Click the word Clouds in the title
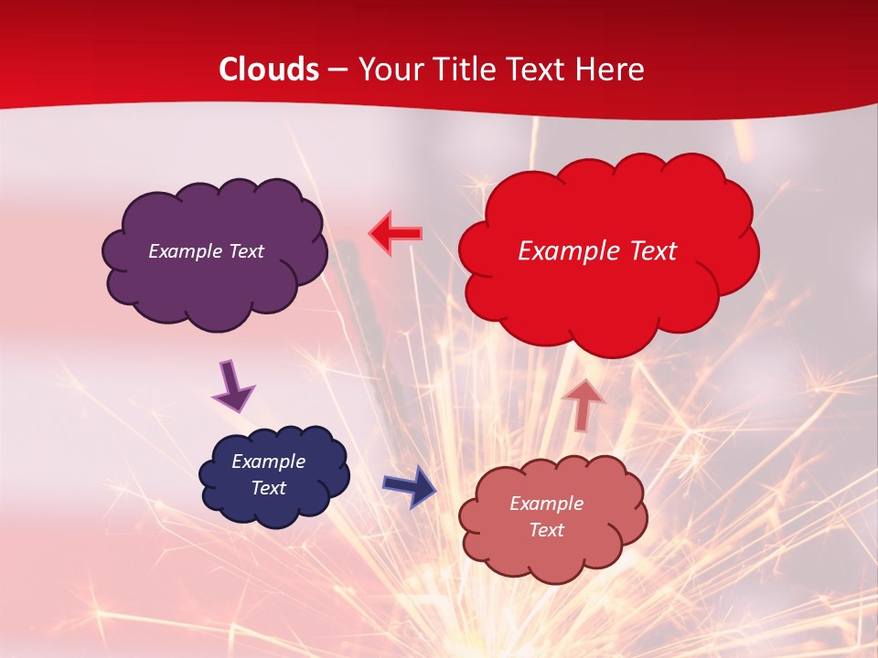[x=269, y=69]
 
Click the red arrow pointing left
[x=395, y=234]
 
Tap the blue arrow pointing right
[x=410, y=486]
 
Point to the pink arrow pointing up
[x=583, y=404]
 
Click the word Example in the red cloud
[x=566, y=251]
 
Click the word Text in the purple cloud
[x=246, y=251]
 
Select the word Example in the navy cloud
[x=268, y=462]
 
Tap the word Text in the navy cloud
[x=268, y=488]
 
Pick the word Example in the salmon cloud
[x=546, y=504]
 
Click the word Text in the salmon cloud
[x=546, y=530]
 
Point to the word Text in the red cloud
[x=649, y=251]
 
